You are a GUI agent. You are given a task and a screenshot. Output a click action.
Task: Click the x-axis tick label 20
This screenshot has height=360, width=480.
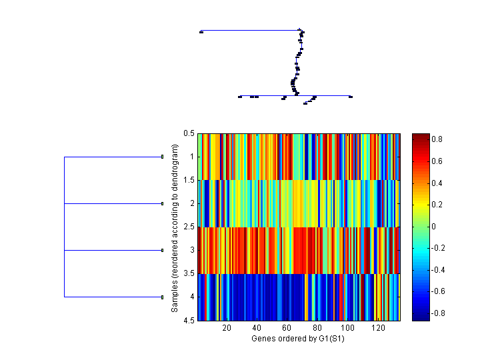click(x=227, y=328)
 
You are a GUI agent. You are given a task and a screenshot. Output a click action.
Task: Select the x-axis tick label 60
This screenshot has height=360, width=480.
click(x=287, y=328)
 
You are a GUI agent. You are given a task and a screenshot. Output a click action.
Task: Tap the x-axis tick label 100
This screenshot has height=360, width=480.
click(x=347, y=328)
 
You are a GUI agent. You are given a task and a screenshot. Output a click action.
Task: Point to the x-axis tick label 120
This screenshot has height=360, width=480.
click(x=377, y=328)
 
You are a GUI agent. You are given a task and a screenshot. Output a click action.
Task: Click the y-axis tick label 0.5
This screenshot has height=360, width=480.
click(x=189, y=133)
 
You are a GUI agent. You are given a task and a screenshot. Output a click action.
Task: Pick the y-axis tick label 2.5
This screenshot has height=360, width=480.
click(x=189, y=227)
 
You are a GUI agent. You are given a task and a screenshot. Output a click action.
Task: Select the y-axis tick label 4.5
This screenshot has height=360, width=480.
click(x=189, y=320)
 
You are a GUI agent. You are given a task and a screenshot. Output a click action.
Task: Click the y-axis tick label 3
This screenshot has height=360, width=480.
click(x=192, y=250)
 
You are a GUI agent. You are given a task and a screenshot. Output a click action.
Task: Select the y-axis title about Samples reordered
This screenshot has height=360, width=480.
click(x=175, y=227)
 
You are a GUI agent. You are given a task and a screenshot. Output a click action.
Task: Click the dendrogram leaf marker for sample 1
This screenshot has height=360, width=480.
click(x=163, y=157)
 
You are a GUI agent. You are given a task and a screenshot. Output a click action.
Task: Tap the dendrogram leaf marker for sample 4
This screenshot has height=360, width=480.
click(x=163, y=297)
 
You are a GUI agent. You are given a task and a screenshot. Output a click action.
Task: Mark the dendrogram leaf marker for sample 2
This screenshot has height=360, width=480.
click(x=163, y=203)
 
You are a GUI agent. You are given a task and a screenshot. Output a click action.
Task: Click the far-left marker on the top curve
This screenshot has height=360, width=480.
click(x=201, y=31)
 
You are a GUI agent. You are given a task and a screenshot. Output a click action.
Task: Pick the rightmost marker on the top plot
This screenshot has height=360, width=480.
click(x=351, y=97)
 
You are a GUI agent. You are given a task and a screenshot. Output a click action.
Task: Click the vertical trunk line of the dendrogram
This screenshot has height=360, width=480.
click(x=64, y=227)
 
